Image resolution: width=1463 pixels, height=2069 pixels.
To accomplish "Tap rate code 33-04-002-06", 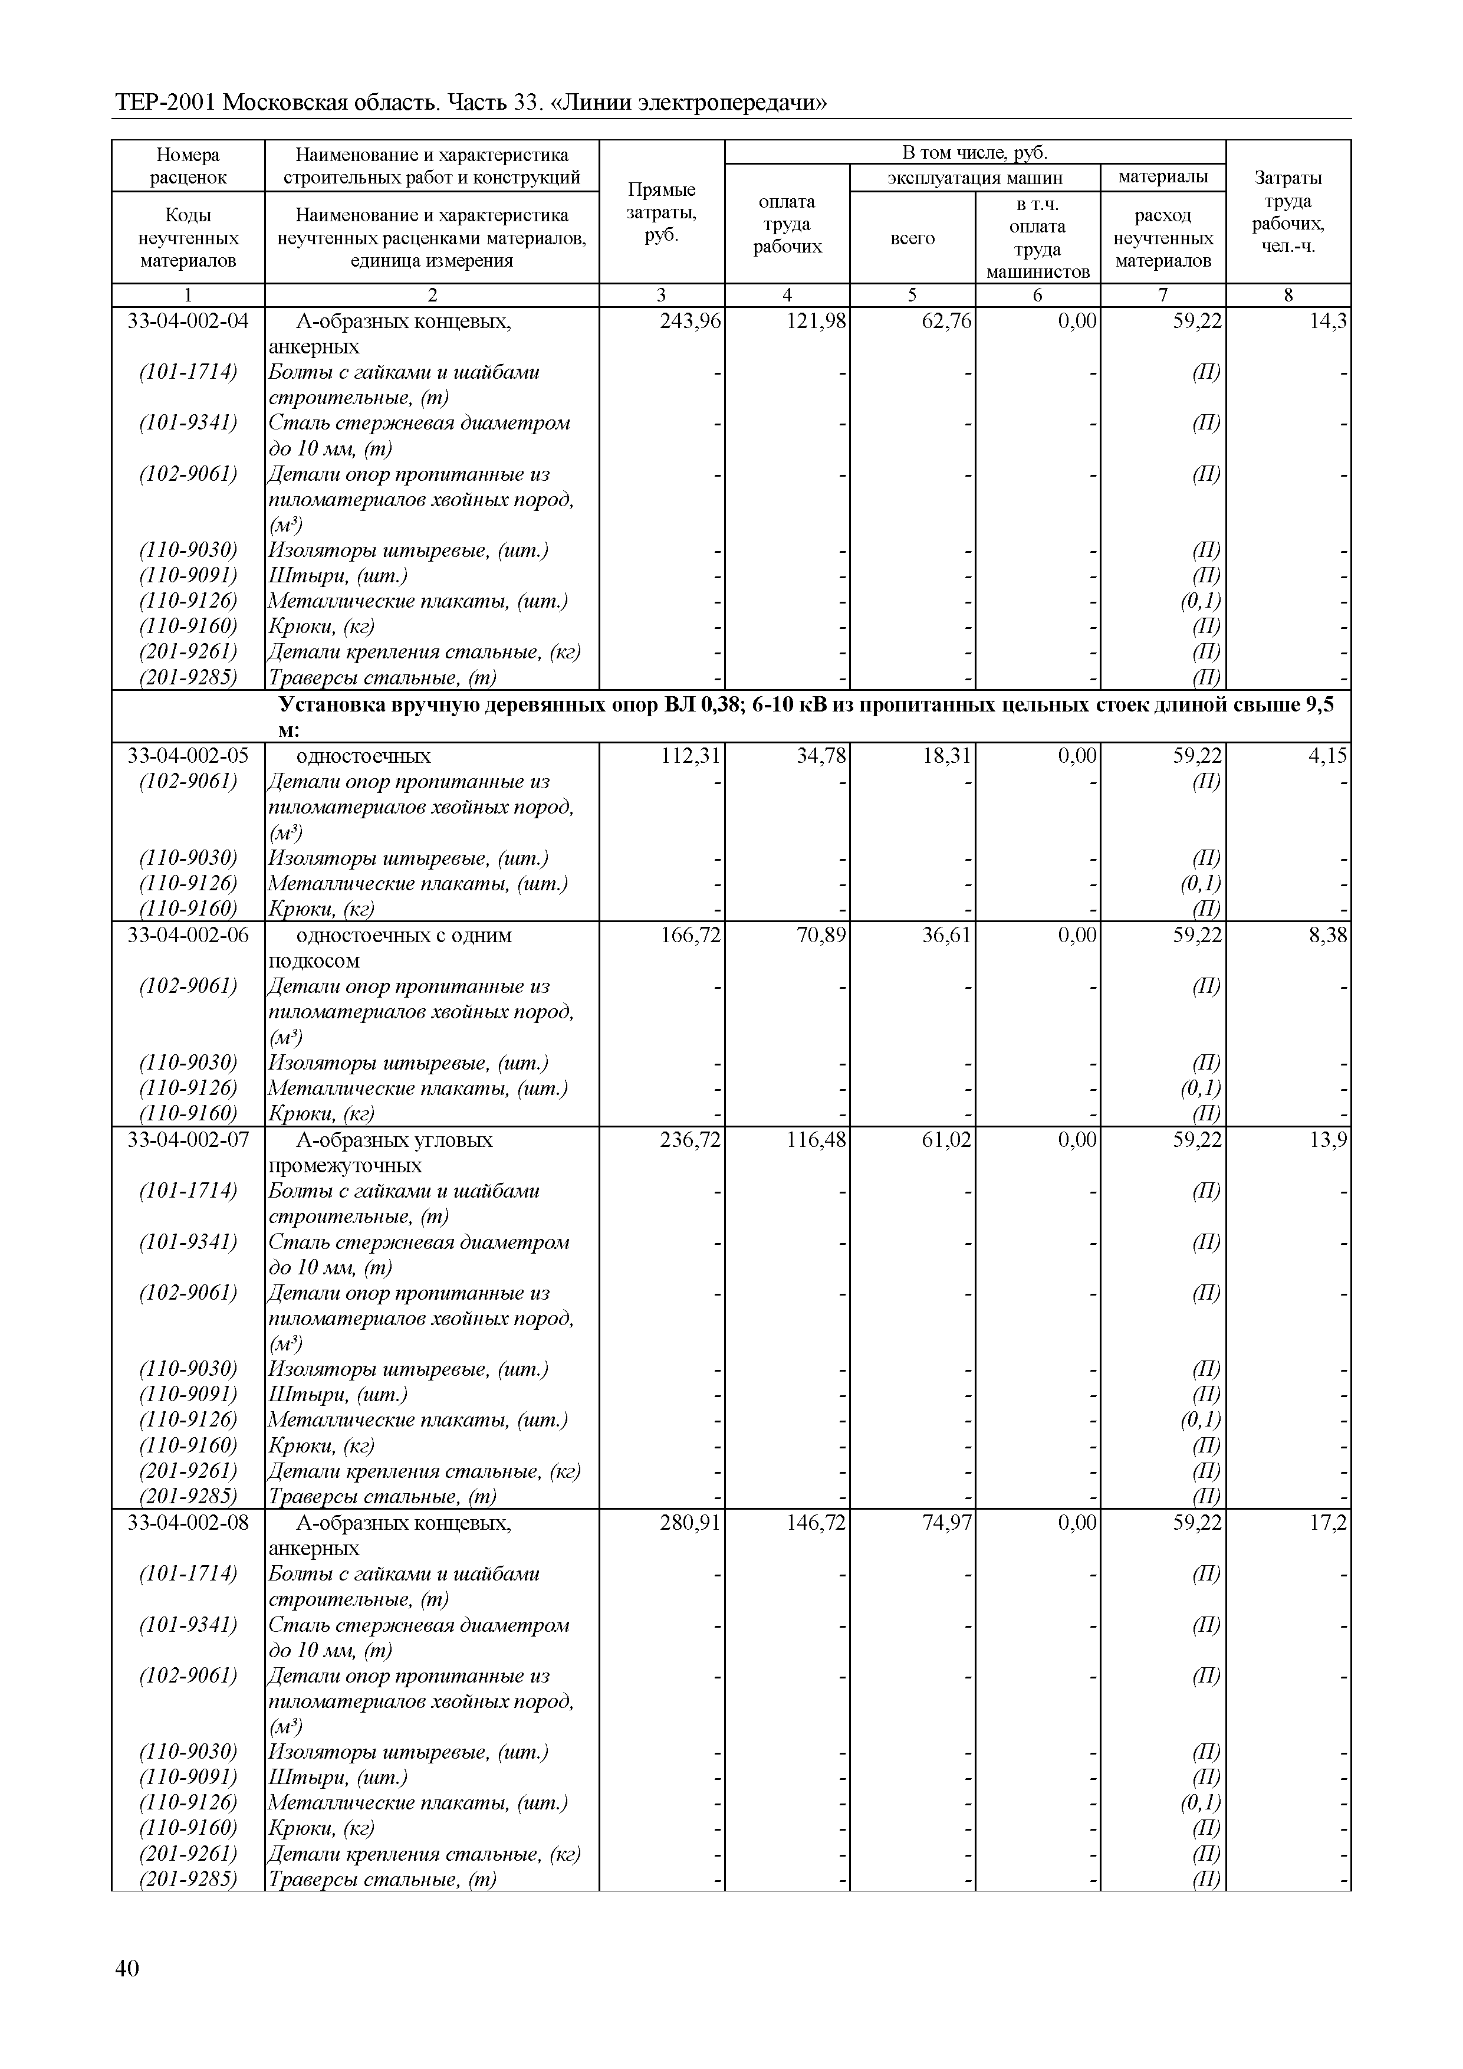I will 188,935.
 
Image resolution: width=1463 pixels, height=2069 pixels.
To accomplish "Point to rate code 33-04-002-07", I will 188,1140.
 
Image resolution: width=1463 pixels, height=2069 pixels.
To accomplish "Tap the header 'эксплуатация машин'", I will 975,178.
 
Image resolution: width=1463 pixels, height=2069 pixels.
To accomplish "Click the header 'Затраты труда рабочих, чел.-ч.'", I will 1288,212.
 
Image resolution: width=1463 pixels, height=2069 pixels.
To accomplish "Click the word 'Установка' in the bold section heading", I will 331,704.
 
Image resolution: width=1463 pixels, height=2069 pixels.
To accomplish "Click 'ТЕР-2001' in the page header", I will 165,104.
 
